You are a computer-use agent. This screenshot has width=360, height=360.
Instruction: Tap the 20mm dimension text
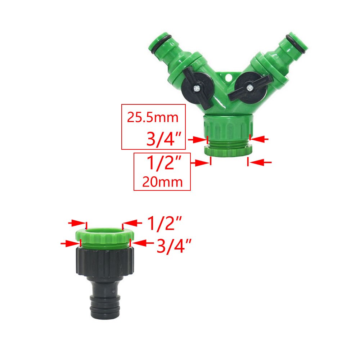[x=162, y=182]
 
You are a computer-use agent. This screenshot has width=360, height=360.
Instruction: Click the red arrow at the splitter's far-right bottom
[x=261, y=163]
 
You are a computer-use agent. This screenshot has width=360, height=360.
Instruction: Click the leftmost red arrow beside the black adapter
[x=68, y=243]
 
